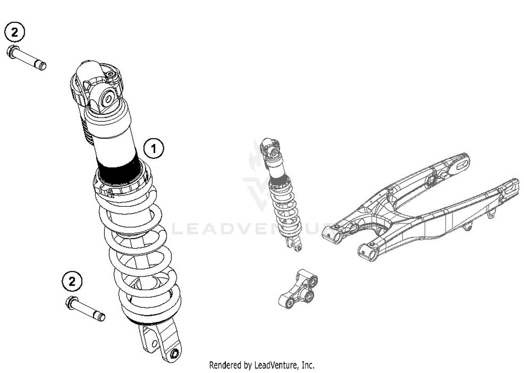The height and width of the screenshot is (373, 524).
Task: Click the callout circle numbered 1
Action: click(154, 148)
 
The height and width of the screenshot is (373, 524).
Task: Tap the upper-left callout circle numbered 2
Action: click(15, 32)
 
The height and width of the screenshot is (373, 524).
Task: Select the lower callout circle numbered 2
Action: click(72, 281)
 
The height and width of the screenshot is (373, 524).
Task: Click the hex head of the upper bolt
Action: click(13, 52)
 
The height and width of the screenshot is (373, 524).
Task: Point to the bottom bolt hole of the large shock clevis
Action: click(174, 354)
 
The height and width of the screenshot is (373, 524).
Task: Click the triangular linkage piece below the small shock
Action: click(299, 289)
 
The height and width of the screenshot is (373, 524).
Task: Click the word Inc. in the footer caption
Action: click(308, 365)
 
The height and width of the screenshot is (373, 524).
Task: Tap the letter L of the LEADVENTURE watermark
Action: click(178, 229)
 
